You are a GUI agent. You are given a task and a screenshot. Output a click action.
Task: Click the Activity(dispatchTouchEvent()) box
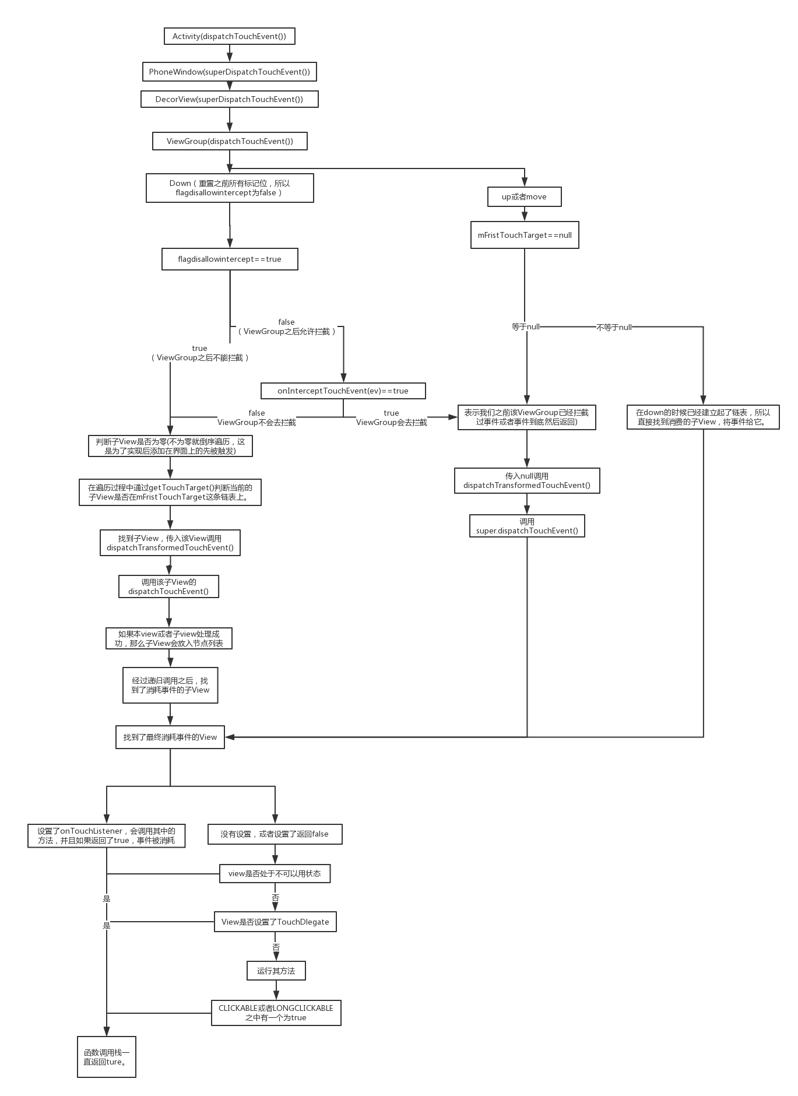click(x=229, y=36)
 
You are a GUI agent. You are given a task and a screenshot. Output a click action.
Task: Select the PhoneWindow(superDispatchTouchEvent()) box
click(x=229, y=72)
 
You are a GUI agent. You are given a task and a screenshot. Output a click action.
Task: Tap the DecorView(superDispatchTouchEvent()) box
click(x=229, y=99)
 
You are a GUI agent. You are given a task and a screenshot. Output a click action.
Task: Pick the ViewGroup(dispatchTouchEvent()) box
click(x=229, y=141)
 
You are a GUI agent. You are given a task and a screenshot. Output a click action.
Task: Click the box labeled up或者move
click(x=524, y=196)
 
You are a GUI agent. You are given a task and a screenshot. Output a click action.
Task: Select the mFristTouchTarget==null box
click(x=525, y=235)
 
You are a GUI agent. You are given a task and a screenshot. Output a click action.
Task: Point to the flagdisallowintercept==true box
click(x=230, y=259)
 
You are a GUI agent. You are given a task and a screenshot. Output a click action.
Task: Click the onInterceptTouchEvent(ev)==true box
click(x=343, y=391)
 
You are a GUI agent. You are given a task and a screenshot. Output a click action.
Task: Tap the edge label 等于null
click(x=525, y=327)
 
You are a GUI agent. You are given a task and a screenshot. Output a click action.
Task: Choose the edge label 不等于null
click(x=614, y=328)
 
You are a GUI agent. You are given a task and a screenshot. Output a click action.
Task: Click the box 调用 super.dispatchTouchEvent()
click(x=527, y=526)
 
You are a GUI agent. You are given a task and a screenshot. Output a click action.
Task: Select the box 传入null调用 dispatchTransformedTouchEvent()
click(x=527, y=480)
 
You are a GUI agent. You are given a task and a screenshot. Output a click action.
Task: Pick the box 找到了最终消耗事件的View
click(x=170, y=737)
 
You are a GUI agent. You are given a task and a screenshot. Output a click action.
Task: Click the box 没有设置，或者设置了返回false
click(x=275, y=834)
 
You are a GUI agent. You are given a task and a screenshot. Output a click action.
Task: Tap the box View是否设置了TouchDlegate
click(x=275, y=922)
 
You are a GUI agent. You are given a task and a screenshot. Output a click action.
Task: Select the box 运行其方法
click(x=276, y=971)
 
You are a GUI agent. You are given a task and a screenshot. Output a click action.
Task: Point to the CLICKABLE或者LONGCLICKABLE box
click(x=276, y=1013)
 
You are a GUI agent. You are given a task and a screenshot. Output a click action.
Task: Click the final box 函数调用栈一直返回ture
click(x=107, y=1057)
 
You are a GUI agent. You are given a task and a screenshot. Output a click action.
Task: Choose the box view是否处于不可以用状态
click(x=275, y=873)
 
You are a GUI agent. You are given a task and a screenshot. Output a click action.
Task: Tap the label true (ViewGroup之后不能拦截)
click(x=199, y=353)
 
